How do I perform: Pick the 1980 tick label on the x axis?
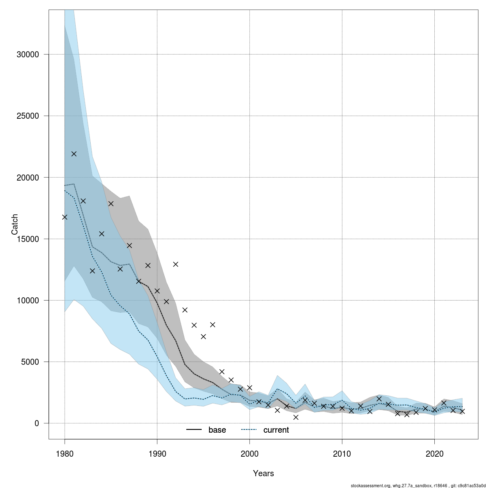pyautogui.click(x=64, y=453)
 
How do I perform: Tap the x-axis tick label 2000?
pyautogui.click(x=249, y=453)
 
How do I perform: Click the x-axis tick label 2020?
pyautogui.click(x=434, y=453)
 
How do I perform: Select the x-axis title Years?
pyautogui.click(x=263, y=473)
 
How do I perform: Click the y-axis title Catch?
pyautogui.click(x=15, y=224)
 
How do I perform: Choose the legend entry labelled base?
pyautogui.click(x=217, y=430)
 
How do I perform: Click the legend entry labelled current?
pyautogui.click(x=276, y=430)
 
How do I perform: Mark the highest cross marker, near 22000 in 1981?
pyautogui.click(x=74, y=154)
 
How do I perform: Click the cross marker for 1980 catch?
pyautogui.click(x=65, y=217)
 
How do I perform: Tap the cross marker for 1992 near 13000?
pyautogui.click(x=176, y=264)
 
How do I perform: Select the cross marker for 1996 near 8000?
pyautogui.click(x=212, y=325)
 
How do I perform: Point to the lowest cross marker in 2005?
pyautogui.click(x=296, y=417)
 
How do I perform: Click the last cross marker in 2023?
pyautogui.click(x=462, y=411)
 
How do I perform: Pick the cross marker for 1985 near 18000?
pyautogui.click(x=111, y=203)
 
